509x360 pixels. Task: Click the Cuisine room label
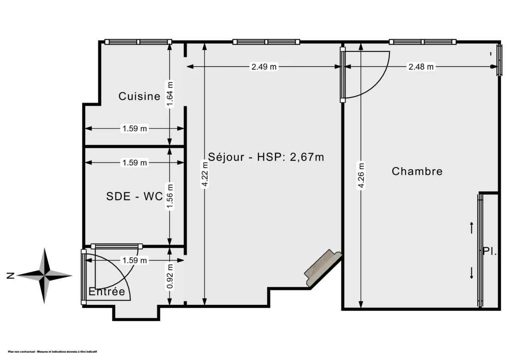(139, 96)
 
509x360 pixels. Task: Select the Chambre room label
(417, 171)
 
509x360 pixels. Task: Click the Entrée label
(107, 292)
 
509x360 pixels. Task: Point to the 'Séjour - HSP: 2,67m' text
(266, 157)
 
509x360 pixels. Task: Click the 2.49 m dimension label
(264, 67)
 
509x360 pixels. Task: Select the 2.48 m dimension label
(421, 67)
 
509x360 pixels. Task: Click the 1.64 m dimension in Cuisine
(170, 95)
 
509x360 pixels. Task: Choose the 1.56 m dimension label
(170, 196)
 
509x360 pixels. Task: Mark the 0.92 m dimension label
(170, 276)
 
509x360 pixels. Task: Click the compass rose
(45, 276)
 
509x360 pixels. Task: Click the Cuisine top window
(138, 42)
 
